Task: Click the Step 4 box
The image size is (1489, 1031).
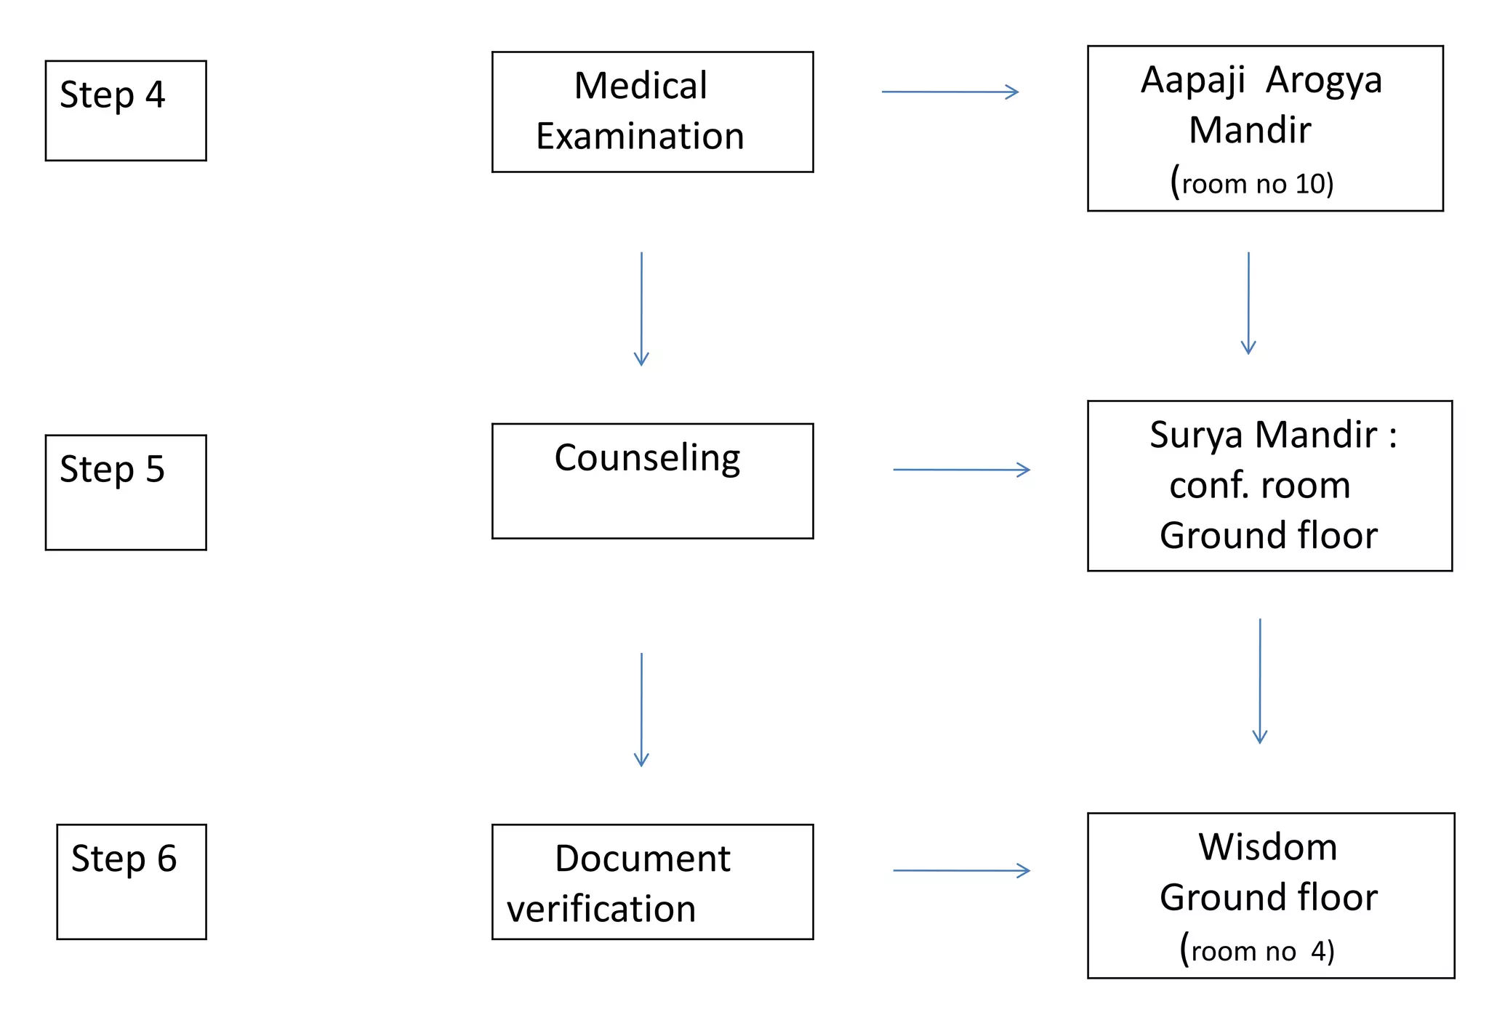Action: [x=125, y=111]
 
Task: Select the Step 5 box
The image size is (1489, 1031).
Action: [x=125, y=492]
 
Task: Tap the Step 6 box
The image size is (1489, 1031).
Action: [x=131, y=881]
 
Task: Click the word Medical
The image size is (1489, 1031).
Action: [x=640, y=86]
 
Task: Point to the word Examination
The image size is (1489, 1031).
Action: [x=640, y=137]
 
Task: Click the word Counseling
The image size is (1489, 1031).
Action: [x=647, y=458]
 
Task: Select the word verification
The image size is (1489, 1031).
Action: [x=601, y=909]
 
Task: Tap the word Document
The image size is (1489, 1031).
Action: [x=642, y=859]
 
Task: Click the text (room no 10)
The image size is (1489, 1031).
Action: [x=1251, y=182]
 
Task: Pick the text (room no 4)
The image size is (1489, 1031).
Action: [x=1256, y=950]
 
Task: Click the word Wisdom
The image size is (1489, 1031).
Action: [x=1267, y=847]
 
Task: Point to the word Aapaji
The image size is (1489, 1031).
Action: [x=1192, y=80]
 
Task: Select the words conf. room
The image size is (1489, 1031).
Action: [x=1259, y=485]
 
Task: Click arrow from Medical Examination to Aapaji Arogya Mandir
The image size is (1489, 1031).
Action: [x=950, y=92]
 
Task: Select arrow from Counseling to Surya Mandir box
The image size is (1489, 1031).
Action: [x=961, y=470]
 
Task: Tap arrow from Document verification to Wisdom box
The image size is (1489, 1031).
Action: [x=961, y=870]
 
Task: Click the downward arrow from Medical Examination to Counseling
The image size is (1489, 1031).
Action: [x=641, y=308]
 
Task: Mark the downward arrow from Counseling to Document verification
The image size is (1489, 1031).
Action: [x=641, y=709]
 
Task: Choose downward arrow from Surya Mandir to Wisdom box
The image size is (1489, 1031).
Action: [x=1260, y=680]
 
